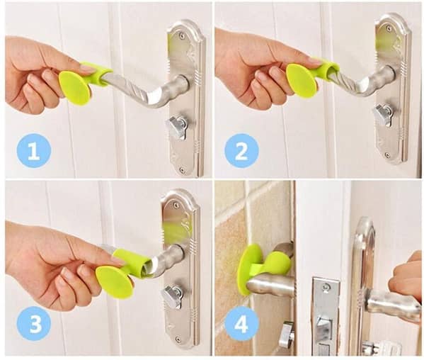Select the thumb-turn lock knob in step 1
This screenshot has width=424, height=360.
176,127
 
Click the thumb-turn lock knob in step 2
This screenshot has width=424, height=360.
383,113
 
